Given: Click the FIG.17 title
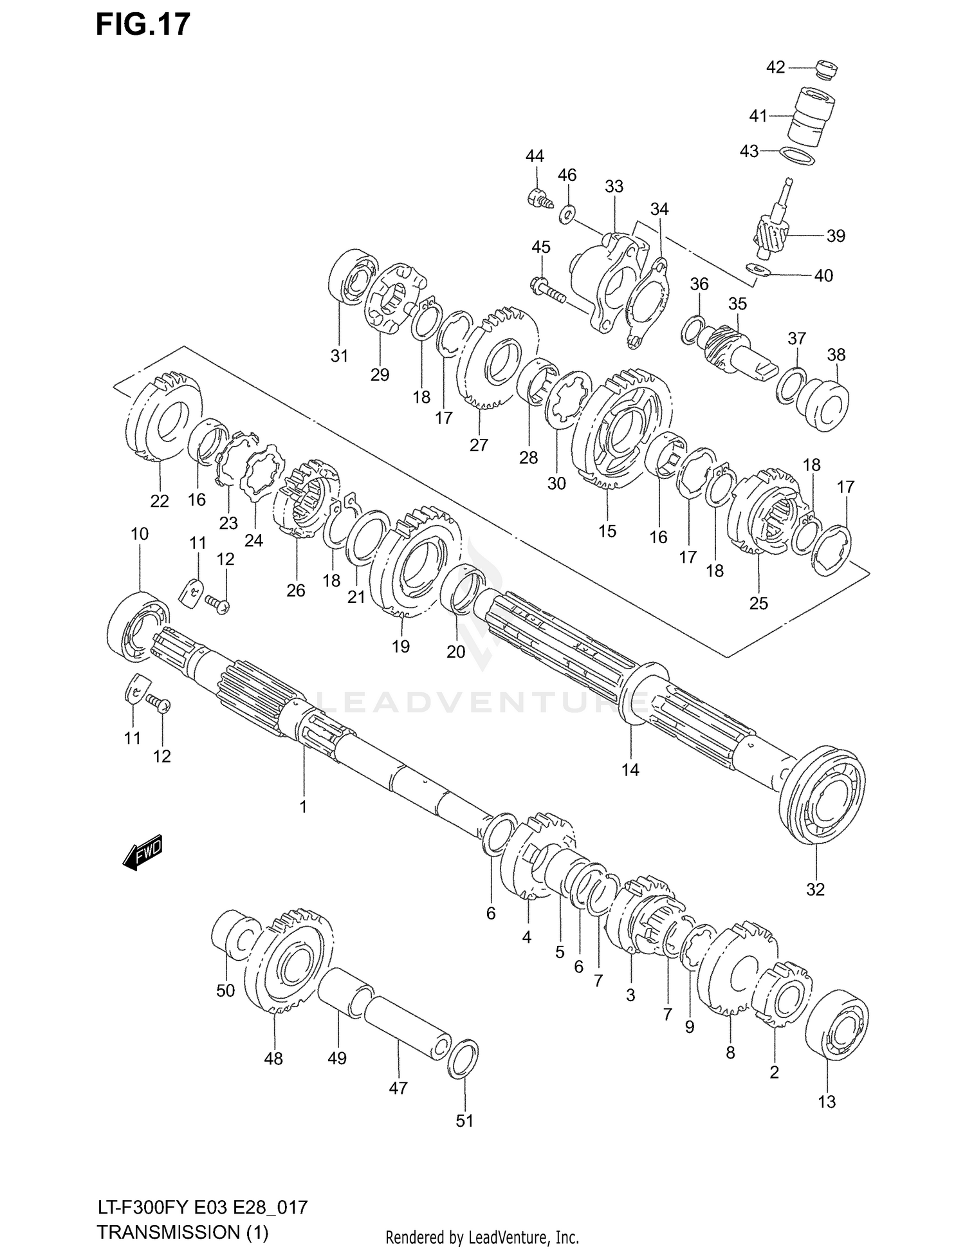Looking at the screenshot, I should point(143,24).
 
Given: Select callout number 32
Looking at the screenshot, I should point(814,889).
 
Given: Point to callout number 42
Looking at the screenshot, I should point(775,67).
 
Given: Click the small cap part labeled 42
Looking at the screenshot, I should point(825,69).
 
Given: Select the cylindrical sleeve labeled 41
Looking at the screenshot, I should point(811,116).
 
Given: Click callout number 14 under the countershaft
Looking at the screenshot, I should point(630,769).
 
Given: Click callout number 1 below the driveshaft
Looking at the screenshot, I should point(303,806).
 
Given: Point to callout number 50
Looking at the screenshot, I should point(225,990).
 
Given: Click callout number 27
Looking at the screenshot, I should point(478,445).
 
